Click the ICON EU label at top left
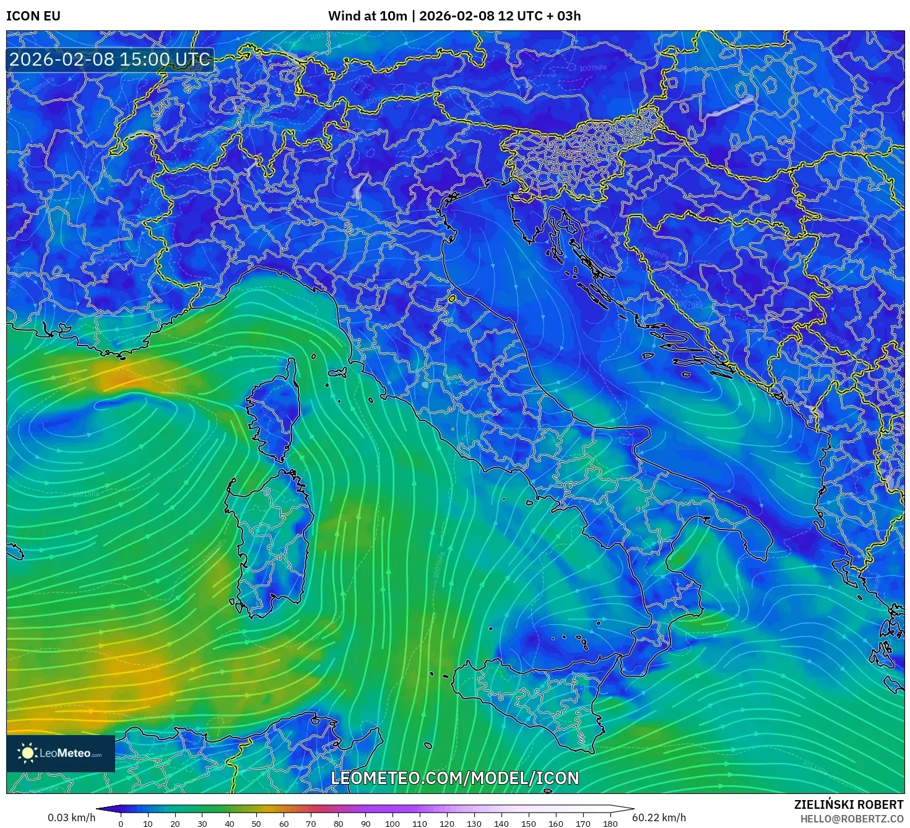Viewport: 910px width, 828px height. pos(33,16)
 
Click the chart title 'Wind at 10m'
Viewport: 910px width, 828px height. pos(367,16)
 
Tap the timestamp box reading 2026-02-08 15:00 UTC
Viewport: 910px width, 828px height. pos(110,59)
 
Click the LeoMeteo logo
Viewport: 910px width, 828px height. pos(61,753)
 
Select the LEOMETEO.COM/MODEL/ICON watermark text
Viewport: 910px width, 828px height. pos(455,778)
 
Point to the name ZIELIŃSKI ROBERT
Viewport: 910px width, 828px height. pos(849,804)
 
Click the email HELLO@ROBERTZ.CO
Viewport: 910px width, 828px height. pos(852,819)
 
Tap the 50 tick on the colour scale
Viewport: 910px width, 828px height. pos(256,824)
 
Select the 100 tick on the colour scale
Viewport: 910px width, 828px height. pos(392,824)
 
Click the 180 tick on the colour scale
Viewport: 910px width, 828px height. pos(610,824)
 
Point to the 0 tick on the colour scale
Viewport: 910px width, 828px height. pos(121,824)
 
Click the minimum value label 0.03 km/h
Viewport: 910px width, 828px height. pos(72,817)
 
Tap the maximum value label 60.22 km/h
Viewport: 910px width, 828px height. pos(659,817)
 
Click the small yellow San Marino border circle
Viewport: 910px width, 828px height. pos(452,299)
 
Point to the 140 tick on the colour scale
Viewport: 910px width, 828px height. pos(501,824)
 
